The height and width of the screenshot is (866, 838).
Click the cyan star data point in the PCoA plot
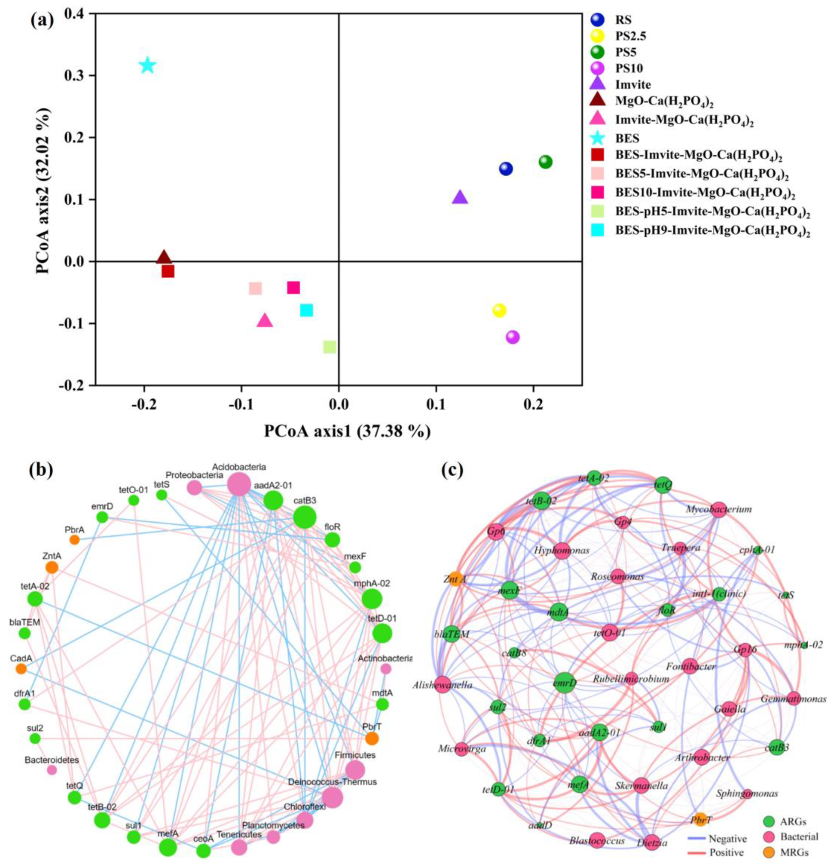point(147,65)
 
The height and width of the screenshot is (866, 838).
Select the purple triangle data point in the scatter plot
point(460,198)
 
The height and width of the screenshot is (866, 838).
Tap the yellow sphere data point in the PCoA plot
point(499,310)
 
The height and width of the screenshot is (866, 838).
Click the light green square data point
point(329,347)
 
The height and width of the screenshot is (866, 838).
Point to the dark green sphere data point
point(545,162)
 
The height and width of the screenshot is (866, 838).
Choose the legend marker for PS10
point(598,68)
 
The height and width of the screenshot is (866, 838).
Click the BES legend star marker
point(598,138)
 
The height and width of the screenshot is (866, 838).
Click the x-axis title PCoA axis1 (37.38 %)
point(347,432)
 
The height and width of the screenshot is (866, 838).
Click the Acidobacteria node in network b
point(239,484)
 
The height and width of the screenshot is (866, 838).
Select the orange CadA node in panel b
point(21,669)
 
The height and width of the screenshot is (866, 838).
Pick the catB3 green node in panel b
point(305,517)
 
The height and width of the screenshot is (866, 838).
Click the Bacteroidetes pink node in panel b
point(52,770)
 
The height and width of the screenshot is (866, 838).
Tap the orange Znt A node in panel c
point(456,579)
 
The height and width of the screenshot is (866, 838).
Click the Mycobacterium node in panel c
point(719,509)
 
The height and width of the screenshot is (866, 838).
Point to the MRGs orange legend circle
point(769,852)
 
